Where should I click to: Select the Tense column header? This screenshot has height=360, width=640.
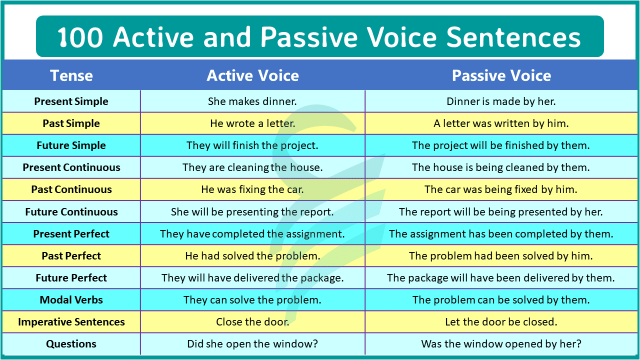tap(71, 75)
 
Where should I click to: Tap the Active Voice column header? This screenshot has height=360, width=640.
tap(252, 75)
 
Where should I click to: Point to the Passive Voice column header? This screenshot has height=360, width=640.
tap(501, 75)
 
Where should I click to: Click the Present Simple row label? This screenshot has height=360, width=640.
tap(71, 101)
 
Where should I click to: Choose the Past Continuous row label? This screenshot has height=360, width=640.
tap(71, 189)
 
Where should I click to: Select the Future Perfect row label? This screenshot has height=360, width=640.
tap(71, 278)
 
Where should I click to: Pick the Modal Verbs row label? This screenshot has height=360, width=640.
tap(71, 300)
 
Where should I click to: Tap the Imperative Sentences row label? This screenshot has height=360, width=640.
tap(71, 322)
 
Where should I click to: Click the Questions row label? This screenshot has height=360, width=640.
tap(71, 344)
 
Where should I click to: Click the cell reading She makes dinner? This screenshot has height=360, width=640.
tap(252, 101)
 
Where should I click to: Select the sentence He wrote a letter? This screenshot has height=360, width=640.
tap(252, 123)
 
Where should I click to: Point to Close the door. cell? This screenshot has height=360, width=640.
tap(252, 322)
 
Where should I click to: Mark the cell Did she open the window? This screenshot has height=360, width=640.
tap(252, 344)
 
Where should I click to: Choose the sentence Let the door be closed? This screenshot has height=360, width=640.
tap(501, 322)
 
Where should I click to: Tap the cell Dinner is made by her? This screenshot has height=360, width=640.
tap(501, 101)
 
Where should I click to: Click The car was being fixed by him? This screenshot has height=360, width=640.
tap(501, 189)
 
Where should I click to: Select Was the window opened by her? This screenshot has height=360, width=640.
tap(501, 344)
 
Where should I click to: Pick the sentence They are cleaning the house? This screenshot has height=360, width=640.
tap(252, 167)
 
